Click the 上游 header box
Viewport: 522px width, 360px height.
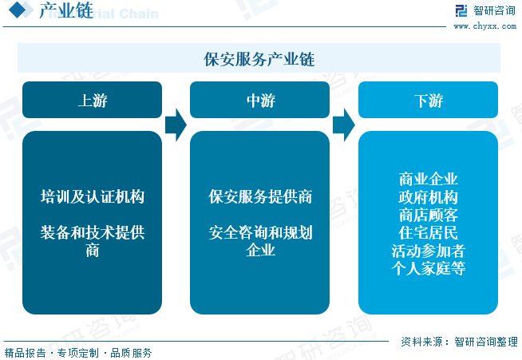coord(93,101)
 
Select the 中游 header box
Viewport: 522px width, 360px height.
coord(260,101)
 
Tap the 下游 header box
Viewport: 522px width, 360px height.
coord(428,101)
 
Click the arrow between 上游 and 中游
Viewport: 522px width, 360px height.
coord(176,124)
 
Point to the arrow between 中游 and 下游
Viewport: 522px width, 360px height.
coord(343,124)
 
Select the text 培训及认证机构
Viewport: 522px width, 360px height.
coord(93,196)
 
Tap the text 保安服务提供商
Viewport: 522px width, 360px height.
coord(260,196)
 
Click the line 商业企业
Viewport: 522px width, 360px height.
coord(428,178)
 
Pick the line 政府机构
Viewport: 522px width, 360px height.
coord(428,196)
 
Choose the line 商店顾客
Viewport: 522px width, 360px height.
coord(428,215)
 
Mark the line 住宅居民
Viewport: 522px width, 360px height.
coord(428,233)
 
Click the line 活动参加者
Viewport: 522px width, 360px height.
coord(428,251)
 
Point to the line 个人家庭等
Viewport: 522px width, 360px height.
coord(428,270)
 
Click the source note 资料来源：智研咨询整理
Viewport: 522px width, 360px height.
coord(459,341)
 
